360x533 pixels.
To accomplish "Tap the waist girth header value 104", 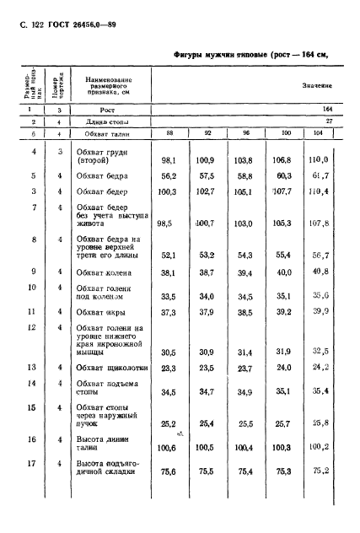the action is pos(340,132).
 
